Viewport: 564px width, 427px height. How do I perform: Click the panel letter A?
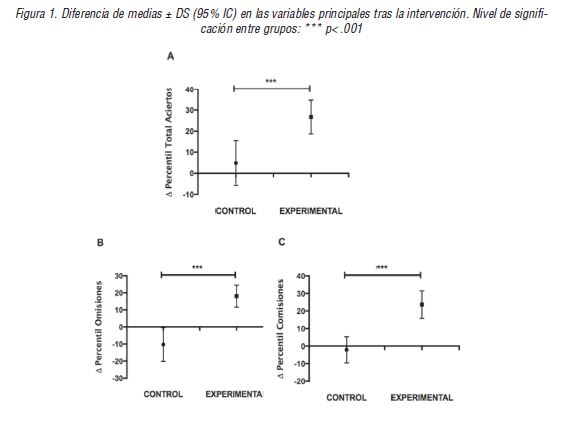click(x=171, y=58)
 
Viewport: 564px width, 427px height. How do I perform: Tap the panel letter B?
click(x=99, y=242)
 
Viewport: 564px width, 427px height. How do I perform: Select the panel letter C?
click(x=283, y=242)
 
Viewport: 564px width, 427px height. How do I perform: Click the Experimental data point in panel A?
click(x=311, y=117)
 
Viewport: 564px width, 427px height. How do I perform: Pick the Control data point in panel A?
click(x=235, y=163)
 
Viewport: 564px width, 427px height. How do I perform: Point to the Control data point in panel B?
click(x=162, y=344)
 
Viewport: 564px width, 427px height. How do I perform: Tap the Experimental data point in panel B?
click(x=236, y=296)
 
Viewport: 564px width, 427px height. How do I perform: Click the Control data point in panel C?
click(x=346, y=349)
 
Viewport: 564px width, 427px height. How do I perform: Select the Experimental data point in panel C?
click(x=422, y=304)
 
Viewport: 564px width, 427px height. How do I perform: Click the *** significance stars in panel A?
click(x=272, y=81)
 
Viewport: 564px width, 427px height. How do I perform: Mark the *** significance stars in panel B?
click(x=197, y=267)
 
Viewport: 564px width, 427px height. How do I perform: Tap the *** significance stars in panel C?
click(x=382, y=267)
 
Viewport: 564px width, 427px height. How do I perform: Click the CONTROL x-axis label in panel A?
click(x=237, y=211)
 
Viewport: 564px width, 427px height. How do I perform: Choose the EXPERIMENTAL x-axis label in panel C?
click(x=421, y=397)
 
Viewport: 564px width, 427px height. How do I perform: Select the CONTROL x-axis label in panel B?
click(x=163, y=394)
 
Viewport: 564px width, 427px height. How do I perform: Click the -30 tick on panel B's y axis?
click(x=119, y=378)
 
